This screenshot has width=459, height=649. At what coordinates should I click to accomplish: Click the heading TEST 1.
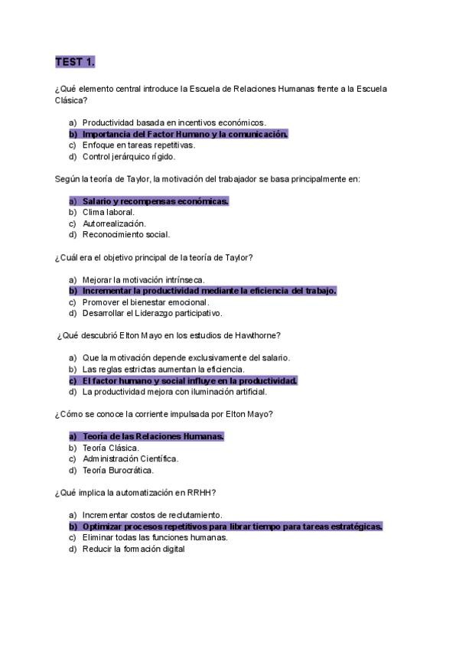75,61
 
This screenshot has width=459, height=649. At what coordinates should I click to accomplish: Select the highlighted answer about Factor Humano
184,134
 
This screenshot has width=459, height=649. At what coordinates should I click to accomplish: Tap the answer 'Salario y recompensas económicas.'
155,201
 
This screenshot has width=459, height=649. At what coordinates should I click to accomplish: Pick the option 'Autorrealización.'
114,223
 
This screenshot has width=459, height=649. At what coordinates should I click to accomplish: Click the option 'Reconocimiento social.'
125,235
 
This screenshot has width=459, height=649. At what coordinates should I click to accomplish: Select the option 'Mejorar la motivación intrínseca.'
143,279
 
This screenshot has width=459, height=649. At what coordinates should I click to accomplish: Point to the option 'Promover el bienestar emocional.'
145,302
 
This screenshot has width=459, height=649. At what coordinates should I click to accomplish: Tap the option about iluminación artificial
174,392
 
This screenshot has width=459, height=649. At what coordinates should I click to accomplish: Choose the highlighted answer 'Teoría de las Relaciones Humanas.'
153,436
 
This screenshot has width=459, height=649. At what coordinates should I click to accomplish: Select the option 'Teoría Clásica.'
110,448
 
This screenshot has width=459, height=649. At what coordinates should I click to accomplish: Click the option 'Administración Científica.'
130,458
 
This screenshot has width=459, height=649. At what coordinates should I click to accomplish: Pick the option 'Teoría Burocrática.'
118,470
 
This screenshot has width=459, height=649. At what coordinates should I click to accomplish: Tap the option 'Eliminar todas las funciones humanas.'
155,537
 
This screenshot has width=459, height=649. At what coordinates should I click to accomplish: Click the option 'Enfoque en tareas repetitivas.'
138,145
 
